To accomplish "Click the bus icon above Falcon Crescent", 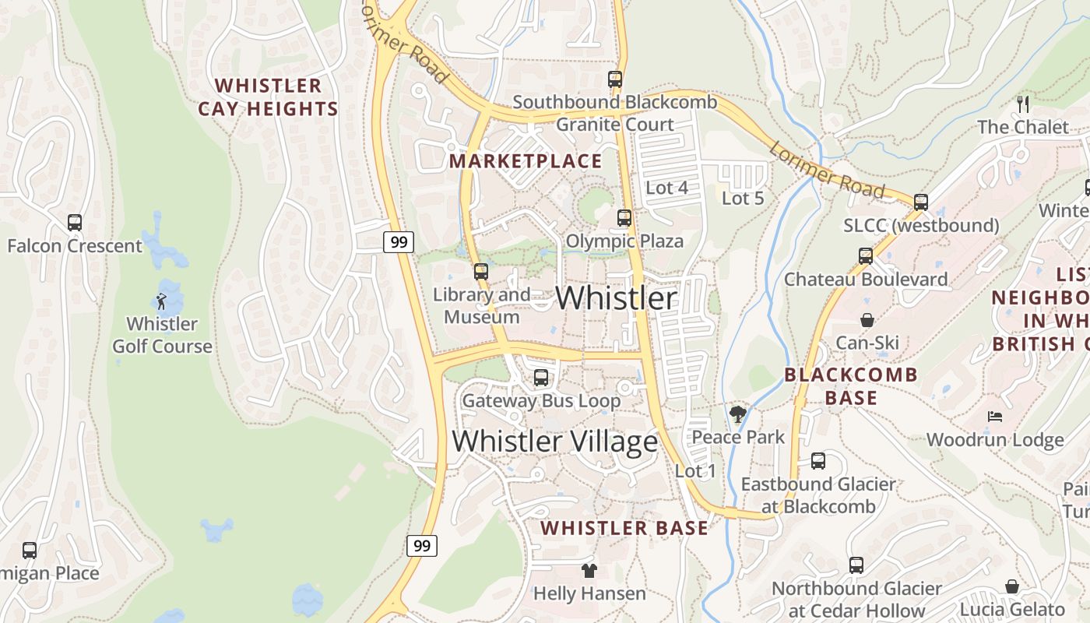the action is (x=75, y=223).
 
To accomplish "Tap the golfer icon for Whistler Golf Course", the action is (x=161, y=301).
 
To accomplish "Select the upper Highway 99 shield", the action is (x=399, y=242).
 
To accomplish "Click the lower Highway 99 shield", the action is (x=421, y=545).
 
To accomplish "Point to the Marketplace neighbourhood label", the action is (x=526, y=161).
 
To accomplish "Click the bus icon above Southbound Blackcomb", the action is (x=615, y=79).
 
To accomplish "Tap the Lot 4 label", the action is (x=667, y=188).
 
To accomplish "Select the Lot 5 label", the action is (x=743, y=199).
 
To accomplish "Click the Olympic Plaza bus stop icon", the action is (x=624, y=218).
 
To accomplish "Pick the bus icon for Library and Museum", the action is (x=481, y=272).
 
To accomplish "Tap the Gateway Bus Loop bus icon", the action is (x=541, y=378).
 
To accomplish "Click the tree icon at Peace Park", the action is (x=737, y=414).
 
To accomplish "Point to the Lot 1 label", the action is (x=695, y=471).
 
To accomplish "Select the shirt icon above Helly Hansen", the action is (x=589, y=571).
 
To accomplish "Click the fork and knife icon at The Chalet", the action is (x=1023, y=104).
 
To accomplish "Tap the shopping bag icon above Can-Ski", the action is (x=867, y=320).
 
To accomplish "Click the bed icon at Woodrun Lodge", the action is (x=994, y=417).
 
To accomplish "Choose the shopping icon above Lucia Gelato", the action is (x=1012, y=586).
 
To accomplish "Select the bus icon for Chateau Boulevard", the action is (x=866, y=256).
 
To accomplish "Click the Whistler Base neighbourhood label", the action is (x=624, y=528).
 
